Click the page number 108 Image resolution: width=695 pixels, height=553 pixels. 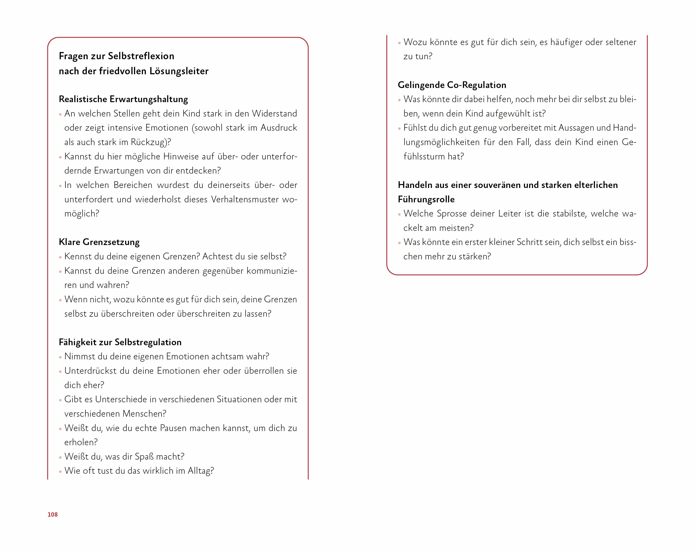pyautogui.click(x=53, y=514)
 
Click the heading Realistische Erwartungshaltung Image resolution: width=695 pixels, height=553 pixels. pyautogui.click(x=123, y=99)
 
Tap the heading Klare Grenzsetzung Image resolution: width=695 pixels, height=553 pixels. pyautogui.click(x=99, y=242)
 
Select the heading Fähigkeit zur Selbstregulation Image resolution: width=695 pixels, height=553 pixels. pyautogui.click(x=120, y=342)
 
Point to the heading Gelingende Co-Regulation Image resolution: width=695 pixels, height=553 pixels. pyautogui.click(x=452, y=85)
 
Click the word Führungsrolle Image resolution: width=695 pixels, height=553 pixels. pyautogui.click(x=426, y=199)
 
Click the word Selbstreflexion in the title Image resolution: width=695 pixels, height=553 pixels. pyautogui.click(x=141, y=56)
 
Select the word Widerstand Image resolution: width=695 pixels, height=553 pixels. pyautogui.click(x=274, y=113)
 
